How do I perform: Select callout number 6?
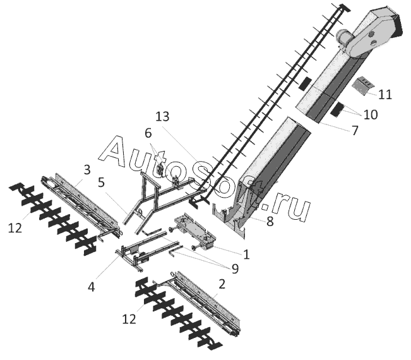click(x=148, y=133)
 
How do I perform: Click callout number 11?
click(x=385, y=95)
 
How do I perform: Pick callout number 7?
click(x=354, y=131)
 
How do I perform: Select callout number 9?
click(x=234, y=268)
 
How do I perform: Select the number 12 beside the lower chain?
click(x=129, y=320)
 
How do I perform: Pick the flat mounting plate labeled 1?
click(x=196, y=231)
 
